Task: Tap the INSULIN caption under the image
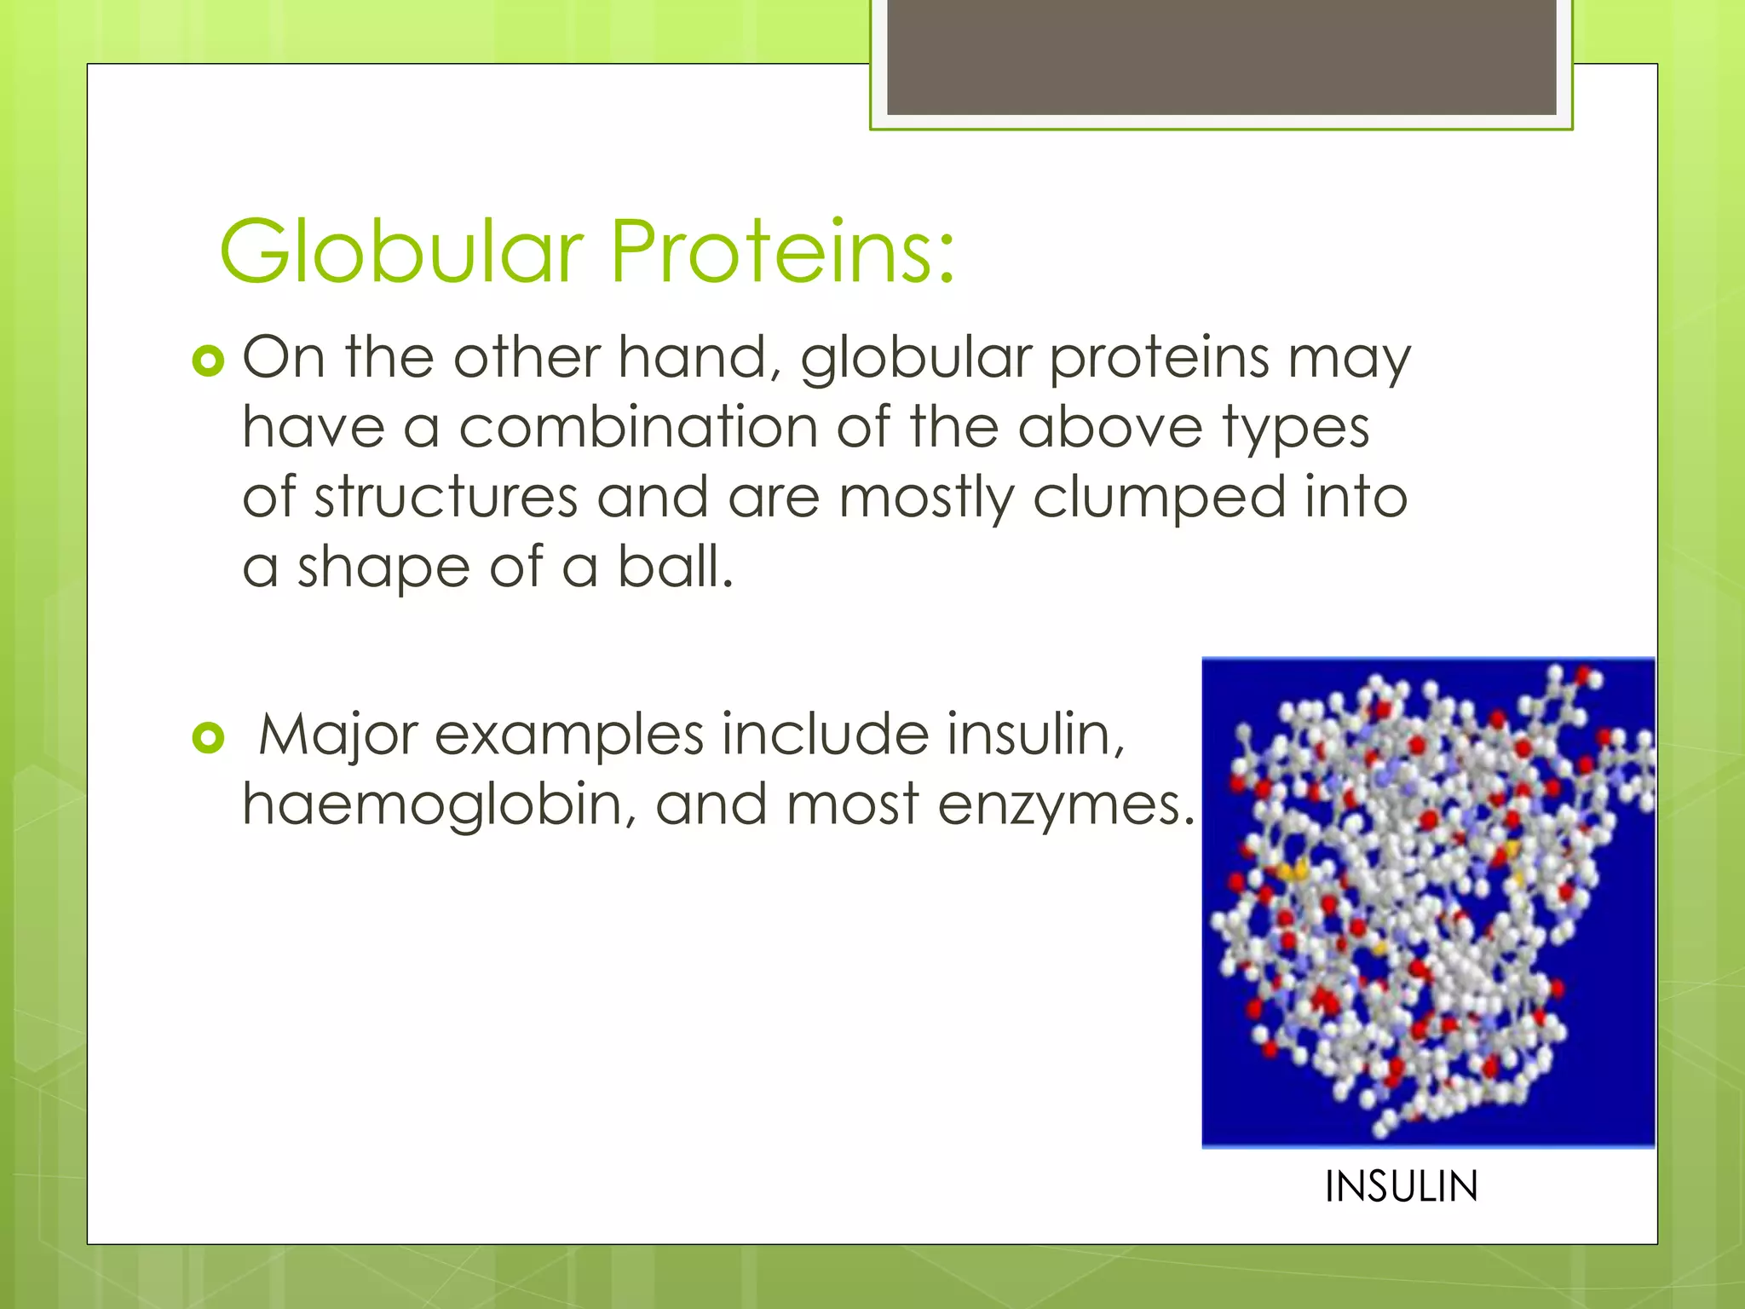(x=1401, y=1186)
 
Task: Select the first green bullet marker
(x=208, y=360)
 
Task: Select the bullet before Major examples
(x=208, y=737)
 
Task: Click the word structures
(x=446, y=497)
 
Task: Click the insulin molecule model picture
(x=1428, y=902)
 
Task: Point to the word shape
(x=383, y=569)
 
